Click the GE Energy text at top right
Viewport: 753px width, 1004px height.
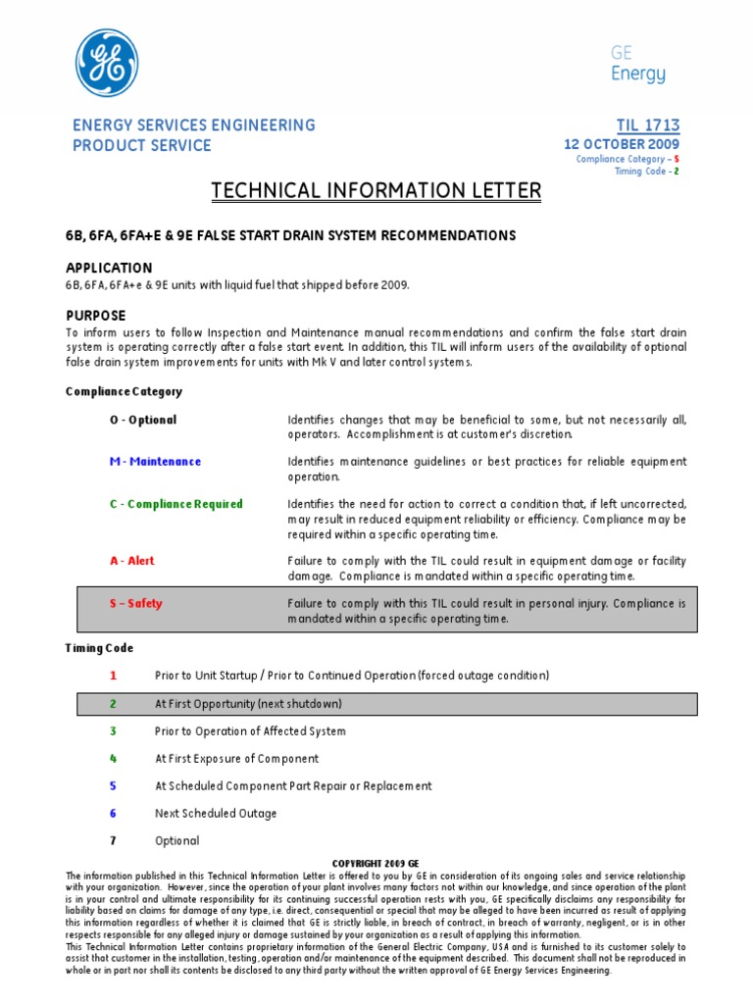pos(638,64)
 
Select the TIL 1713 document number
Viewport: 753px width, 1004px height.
pos(647,125)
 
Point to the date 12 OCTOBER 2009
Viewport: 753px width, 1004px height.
pos(621,144)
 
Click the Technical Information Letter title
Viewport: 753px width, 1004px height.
pos(376,190)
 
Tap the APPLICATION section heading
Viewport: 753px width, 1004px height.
pos(109,268)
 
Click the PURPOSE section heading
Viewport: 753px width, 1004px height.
pos(95,316)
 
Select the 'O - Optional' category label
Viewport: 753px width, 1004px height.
pos(143,420)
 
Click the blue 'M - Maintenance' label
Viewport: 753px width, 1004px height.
pos(155,462)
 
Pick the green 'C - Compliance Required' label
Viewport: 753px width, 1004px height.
pos(176,504)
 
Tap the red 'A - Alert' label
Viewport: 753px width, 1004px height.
pos(131,561)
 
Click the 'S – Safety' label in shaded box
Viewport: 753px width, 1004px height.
pos(135,604)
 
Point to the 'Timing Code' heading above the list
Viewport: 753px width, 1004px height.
pos(99,648)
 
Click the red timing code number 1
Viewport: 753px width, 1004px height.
pos(113,676)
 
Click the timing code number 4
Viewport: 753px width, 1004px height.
pos(113,759)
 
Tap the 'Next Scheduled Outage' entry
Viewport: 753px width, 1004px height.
pos(216,814)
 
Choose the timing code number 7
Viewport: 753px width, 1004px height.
pos(113,841)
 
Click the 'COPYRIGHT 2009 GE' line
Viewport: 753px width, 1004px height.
pos(376,863)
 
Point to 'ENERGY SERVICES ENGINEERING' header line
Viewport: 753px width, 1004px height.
pos(194,125)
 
